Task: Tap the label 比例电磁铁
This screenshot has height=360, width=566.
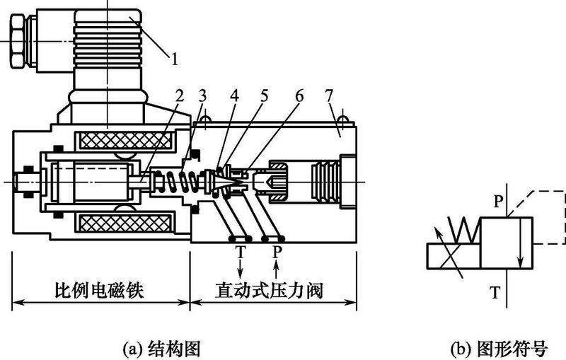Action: pos(100,291)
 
